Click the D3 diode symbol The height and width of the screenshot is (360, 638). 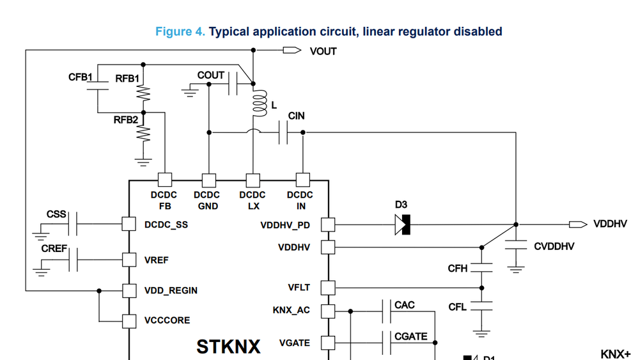coord(403,224)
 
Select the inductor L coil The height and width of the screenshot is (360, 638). coord(259,104)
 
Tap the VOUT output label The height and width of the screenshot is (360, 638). coord(323,51)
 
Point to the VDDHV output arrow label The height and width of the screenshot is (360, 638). coord(610,224)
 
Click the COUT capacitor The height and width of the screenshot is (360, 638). coord(234,83)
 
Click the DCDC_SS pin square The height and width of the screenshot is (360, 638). coord(129,224)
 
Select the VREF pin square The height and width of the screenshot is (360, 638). coord(129,260)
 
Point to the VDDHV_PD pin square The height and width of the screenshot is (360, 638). coord(328,224)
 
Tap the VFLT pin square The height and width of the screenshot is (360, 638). coord(328,288)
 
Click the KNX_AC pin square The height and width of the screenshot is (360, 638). coord(328,311)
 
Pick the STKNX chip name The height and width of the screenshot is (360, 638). coord(228,347)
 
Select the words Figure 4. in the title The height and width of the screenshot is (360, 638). coord(180,31)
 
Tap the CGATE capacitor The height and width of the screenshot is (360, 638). coord(389,342)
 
